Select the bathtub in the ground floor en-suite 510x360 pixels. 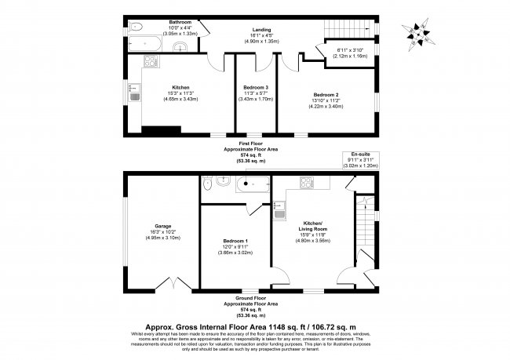tap(253, 184)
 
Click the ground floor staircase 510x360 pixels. tap(362, 232)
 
